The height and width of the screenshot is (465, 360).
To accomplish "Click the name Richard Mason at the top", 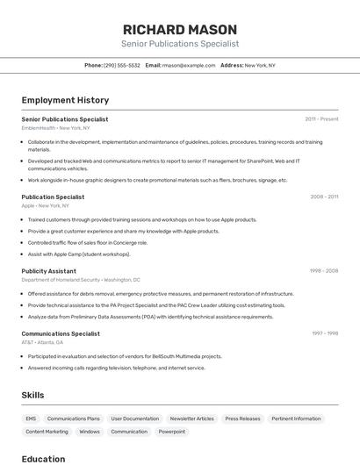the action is [180, 28].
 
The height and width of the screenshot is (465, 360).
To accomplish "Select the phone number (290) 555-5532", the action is [122, 65].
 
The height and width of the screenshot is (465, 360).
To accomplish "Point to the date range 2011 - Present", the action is [321, 118].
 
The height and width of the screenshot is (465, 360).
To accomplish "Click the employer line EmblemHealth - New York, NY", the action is [55, 128].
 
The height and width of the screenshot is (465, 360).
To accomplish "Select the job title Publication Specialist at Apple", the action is [53, 197].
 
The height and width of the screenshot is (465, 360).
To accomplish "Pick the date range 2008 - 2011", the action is [324, 197].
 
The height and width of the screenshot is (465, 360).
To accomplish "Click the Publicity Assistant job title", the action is [48, 271].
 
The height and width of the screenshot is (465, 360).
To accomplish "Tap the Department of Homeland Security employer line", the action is [68, 280].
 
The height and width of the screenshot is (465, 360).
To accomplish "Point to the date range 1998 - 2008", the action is [324, 271].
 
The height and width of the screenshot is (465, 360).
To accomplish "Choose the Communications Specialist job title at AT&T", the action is [61, 333].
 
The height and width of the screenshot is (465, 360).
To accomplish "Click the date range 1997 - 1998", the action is [325, 333].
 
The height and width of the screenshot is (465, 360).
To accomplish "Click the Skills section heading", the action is [32, 396].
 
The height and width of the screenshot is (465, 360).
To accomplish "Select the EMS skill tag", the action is [31, 418].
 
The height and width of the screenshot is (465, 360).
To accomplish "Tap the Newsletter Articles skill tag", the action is [191, 418].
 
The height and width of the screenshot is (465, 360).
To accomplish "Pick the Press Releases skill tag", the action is [242, 418].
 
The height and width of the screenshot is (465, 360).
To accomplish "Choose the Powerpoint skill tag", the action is [171, 432].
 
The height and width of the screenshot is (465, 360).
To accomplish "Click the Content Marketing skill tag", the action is [47, 432].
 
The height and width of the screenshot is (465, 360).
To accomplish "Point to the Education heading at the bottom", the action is [43, 459].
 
